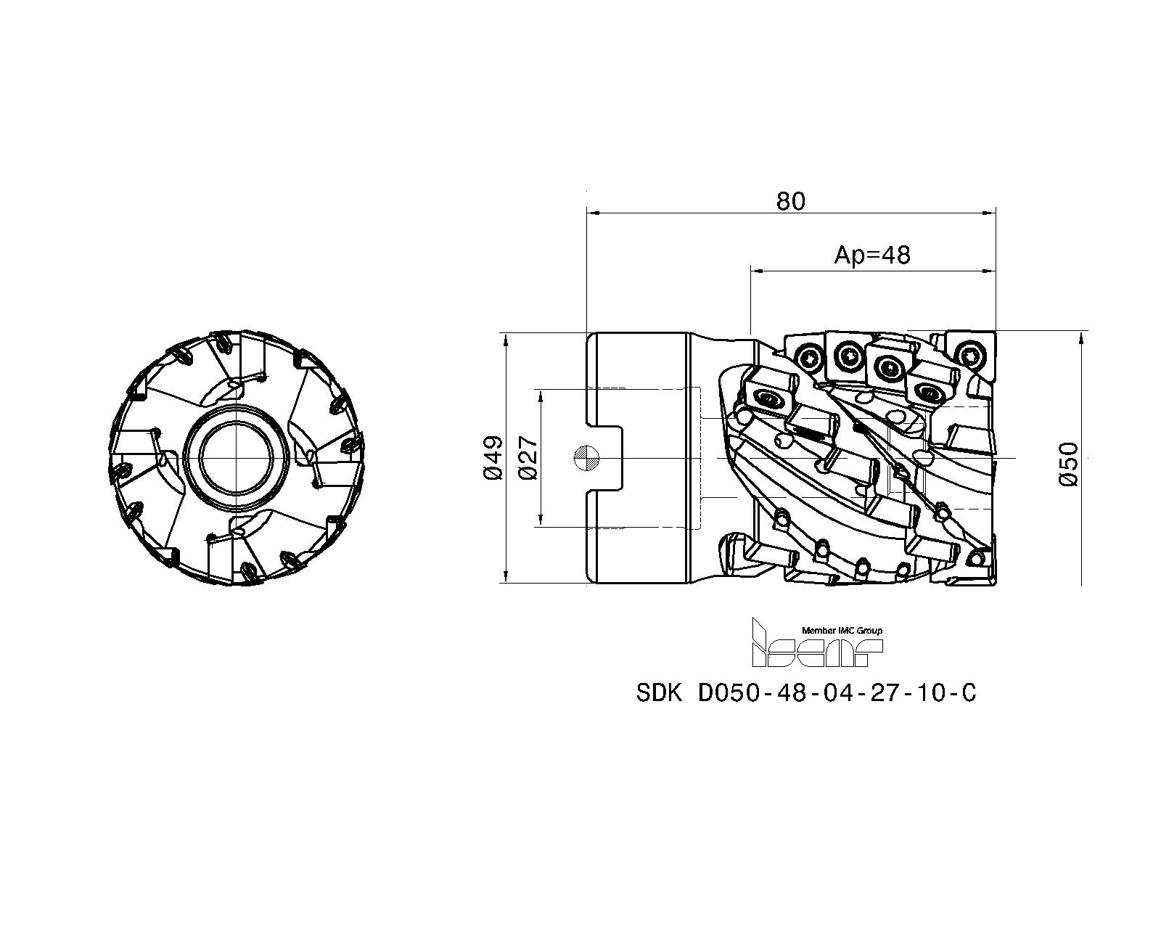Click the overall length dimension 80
[x=790, y=201]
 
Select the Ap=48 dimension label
[x=871, y=255]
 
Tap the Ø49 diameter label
[x=493, y=458]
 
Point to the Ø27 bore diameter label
[x=528, y=458]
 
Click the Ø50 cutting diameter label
[x=1069, y=464]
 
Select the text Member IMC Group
[x=842, y=631]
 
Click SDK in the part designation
[x=659, y=694]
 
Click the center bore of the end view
[x=237, y=458]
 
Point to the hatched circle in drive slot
[x=586, y=458]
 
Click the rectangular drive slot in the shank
[x=606, y=458]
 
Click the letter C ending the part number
[x=968, y=694]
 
